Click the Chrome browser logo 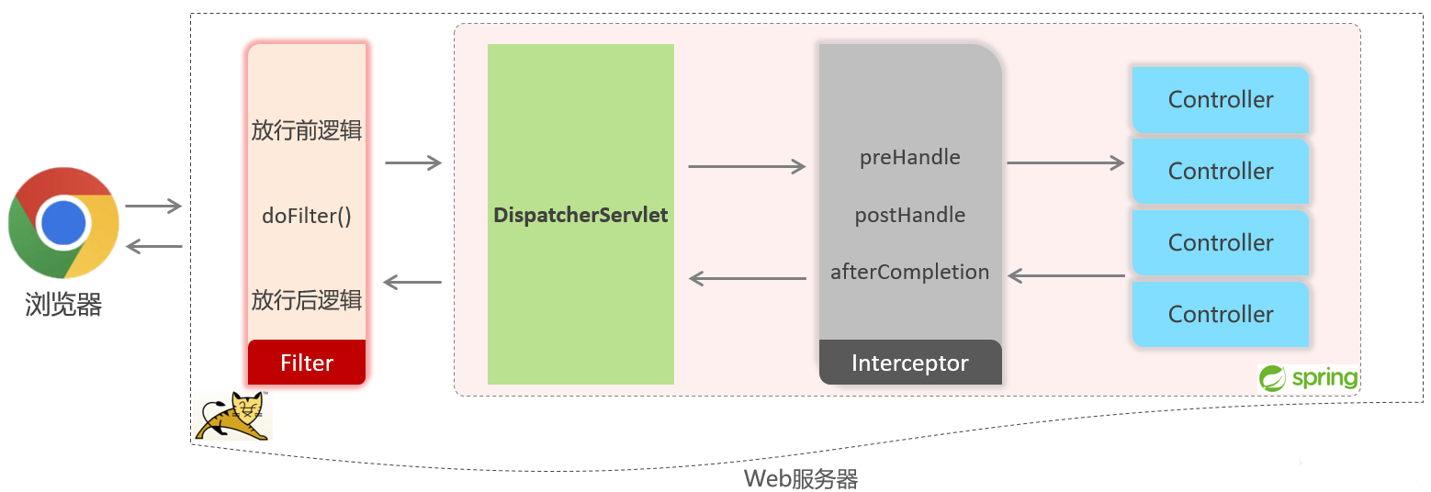(63, 223)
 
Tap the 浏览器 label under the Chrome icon (63, 304)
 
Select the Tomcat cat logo (233, 416)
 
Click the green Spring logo (1309, 377)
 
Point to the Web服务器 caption (800, 478)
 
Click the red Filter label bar (307, 363)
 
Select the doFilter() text (307, 217)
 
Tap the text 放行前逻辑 (307, 130)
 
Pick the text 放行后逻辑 (307, 300)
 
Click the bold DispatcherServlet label (580, 216)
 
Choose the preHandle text (909, 158)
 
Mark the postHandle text (909, 216)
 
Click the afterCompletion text (909, 272)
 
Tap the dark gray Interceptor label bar (909, 363)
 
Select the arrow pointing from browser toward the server (153, 207)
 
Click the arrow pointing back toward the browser (153, 245)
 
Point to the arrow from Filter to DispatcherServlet (413, 163)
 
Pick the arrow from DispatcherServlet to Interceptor (747, 167)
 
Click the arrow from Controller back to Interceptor (1066, 274)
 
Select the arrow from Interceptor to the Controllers (1065, 163)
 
